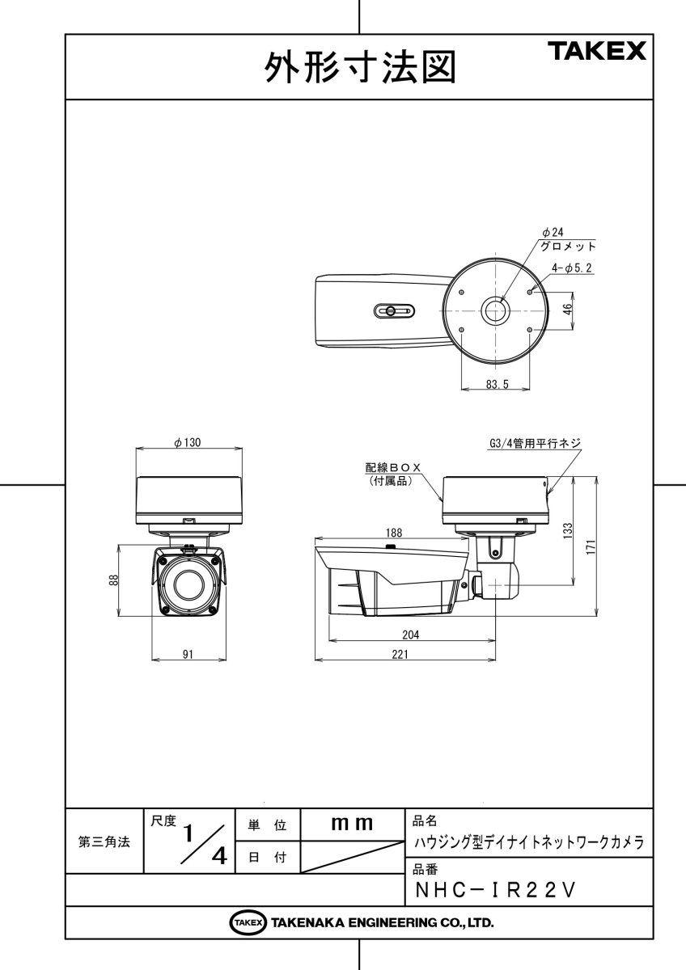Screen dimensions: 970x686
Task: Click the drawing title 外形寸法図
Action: pyautogui.click(x=359, y=68)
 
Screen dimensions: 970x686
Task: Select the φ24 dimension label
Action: pyautogui.click(x=553, y=232)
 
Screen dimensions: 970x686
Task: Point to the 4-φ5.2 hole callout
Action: pyautogui.click(x=572, y=268)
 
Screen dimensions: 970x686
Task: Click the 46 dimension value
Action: pyautogui.click(x=569, y=309)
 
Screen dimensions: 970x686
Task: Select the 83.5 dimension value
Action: pyautogui.click(x=497, y=385)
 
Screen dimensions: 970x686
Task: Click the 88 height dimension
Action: pyautogui.click(x=114, y=580)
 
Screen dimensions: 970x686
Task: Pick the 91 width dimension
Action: pyautogui.click(x=188, y=655)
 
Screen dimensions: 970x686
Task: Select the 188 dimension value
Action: pyautogui.click(x=393, y=533)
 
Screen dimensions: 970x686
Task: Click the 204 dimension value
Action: pyautogui.click(x=411, y=635)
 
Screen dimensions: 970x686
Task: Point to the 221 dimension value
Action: pyautogui.click(x=400, y=655)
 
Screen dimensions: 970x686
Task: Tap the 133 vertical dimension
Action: pyautogui.click(x=568, y=530)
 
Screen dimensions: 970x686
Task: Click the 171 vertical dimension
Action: pyautogui.click(x=591, y=546)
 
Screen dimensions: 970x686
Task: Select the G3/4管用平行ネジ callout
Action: pyautogui.click(x=535, y=443)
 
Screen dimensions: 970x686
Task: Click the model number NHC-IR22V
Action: pyautogui.click(x=494, y=889)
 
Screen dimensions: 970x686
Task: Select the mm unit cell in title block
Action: pyautogui.click(x=352, y=824)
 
